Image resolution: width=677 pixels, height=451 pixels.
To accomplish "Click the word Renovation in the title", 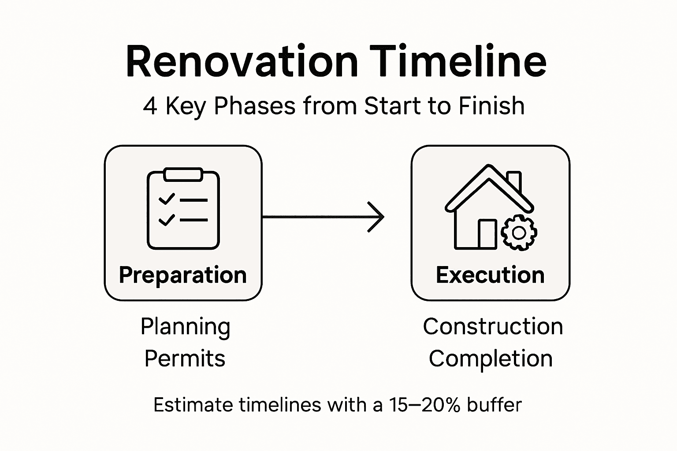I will click(242, 62).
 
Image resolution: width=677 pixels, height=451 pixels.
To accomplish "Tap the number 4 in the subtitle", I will click(150, 107).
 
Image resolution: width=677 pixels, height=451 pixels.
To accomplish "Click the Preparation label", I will click(182, 275).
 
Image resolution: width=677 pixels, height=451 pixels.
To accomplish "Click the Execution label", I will click(490, 275).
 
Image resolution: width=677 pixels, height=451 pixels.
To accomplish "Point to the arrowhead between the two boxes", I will click(377, 217).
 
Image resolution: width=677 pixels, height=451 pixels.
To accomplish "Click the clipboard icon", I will click(183, 209).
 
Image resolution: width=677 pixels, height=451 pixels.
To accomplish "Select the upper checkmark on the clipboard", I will click(167, 199).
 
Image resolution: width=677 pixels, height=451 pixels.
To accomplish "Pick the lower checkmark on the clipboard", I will click(167, 219).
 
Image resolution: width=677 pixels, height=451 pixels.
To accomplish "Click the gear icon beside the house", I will click(519, 233).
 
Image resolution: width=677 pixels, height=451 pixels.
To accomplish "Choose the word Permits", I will click(185, 359).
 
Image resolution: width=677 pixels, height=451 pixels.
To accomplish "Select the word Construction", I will click(493, 327).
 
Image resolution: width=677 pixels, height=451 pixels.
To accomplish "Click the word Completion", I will click(491, 359).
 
